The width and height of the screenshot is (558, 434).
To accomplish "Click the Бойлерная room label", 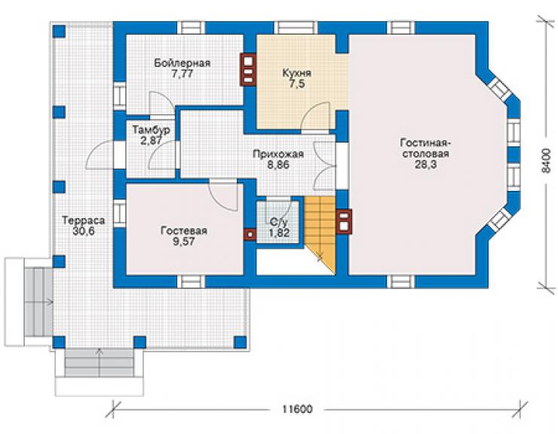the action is click(182, 63).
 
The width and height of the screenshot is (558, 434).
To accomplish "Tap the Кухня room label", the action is click(297, 73).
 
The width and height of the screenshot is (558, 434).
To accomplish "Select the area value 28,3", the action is click(425, 165).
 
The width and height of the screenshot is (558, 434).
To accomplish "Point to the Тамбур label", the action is click(152, 130).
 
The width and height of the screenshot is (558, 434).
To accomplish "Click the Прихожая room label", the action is click(278, 154).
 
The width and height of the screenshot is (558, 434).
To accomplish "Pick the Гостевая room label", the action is click(184, 231).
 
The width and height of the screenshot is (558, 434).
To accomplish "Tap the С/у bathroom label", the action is click(279, 223).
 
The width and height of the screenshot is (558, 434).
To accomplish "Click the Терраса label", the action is click(84, 220).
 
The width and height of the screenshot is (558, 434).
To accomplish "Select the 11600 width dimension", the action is click(298, 409).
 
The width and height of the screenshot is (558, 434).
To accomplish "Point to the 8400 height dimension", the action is click(545, 160).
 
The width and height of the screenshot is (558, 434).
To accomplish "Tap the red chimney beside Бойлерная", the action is click(248, 69).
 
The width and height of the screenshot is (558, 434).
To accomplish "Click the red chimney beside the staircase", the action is click(344, 222).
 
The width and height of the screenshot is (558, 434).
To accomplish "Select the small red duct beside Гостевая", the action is click(250, 235).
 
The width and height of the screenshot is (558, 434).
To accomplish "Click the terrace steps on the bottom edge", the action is click(100, 362).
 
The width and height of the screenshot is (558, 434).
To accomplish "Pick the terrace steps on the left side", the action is click(38, 302).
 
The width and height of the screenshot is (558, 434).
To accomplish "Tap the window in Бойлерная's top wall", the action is click(191, 28).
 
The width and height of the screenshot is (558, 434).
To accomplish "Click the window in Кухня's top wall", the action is click(296, 28).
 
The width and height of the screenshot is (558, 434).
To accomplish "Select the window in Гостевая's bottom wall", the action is click(191, 282).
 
